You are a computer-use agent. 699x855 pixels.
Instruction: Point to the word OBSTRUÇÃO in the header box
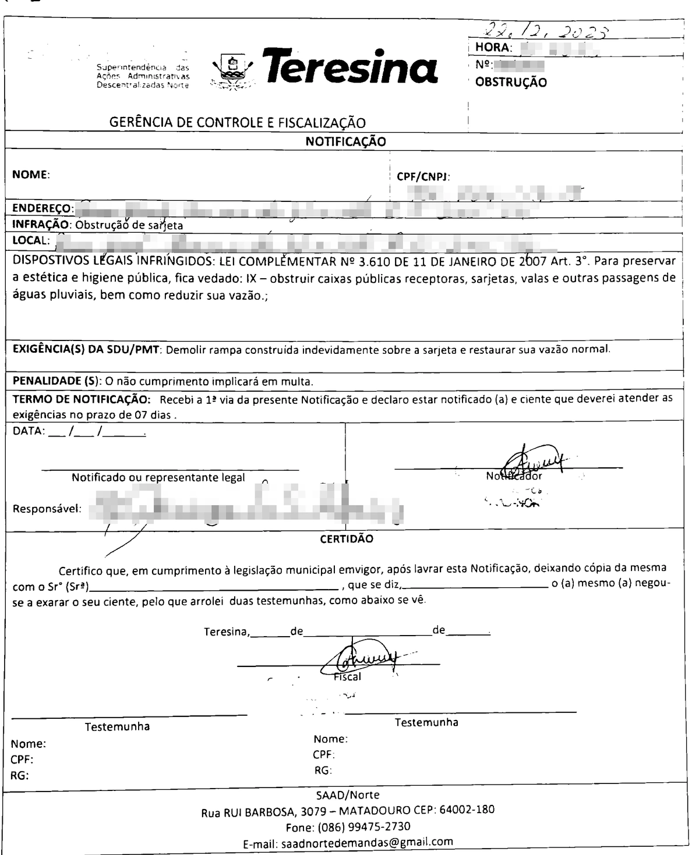tap(511, 83)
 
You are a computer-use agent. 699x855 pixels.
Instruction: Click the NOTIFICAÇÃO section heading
tap(345, 141)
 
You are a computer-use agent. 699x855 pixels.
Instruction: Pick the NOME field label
tap(31, 174)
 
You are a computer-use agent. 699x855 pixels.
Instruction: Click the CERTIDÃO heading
tap(347, 539)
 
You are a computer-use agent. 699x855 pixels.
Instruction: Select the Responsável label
tap(47, 509)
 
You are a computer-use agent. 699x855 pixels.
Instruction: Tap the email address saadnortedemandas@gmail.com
tap(367, 842)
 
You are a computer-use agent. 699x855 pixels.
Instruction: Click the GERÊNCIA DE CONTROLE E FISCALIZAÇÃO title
tap(238, 123)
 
